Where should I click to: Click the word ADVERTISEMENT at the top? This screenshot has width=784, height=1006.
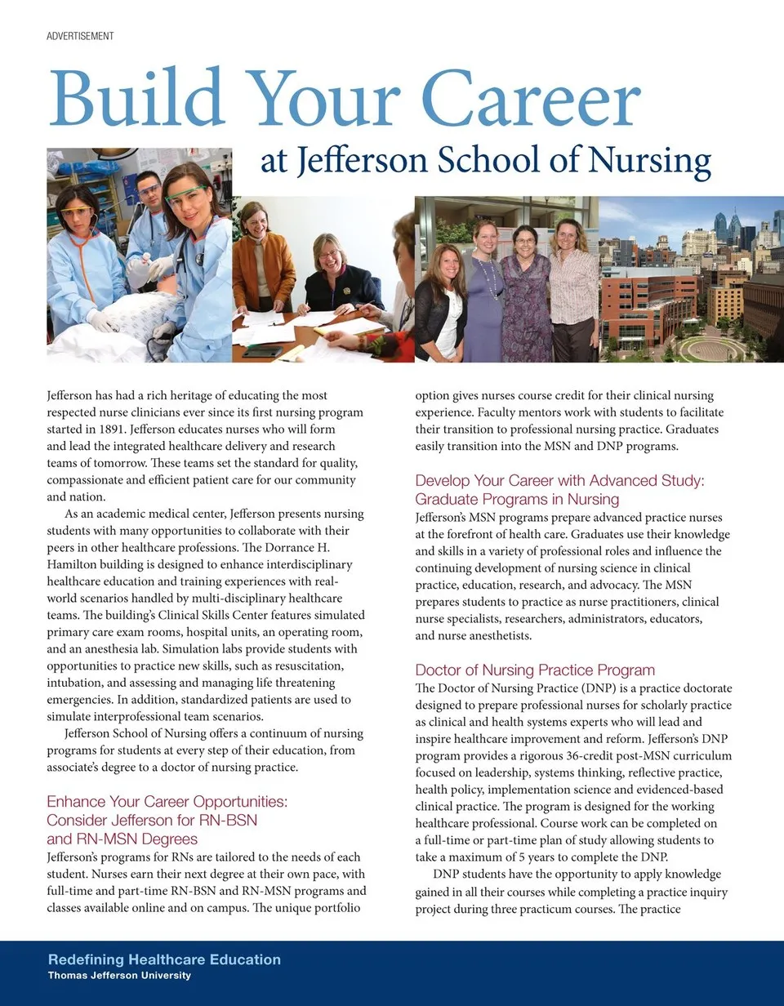(x=80, y=36)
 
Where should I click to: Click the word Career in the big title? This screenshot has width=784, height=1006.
(x=533, y=100)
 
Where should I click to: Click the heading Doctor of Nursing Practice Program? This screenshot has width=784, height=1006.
(x=535, y=670)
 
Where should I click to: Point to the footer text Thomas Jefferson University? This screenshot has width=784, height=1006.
(x=119, y=976)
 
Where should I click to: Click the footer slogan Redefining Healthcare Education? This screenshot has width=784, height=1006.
(x=164, y=959)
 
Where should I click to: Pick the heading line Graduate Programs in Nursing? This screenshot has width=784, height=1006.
(x=517, y=499)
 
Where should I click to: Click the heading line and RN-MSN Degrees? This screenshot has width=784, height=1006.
(x=122, y=839)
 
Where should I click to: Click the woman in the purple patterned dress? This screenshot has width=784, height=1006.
(x=525, y=294)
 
